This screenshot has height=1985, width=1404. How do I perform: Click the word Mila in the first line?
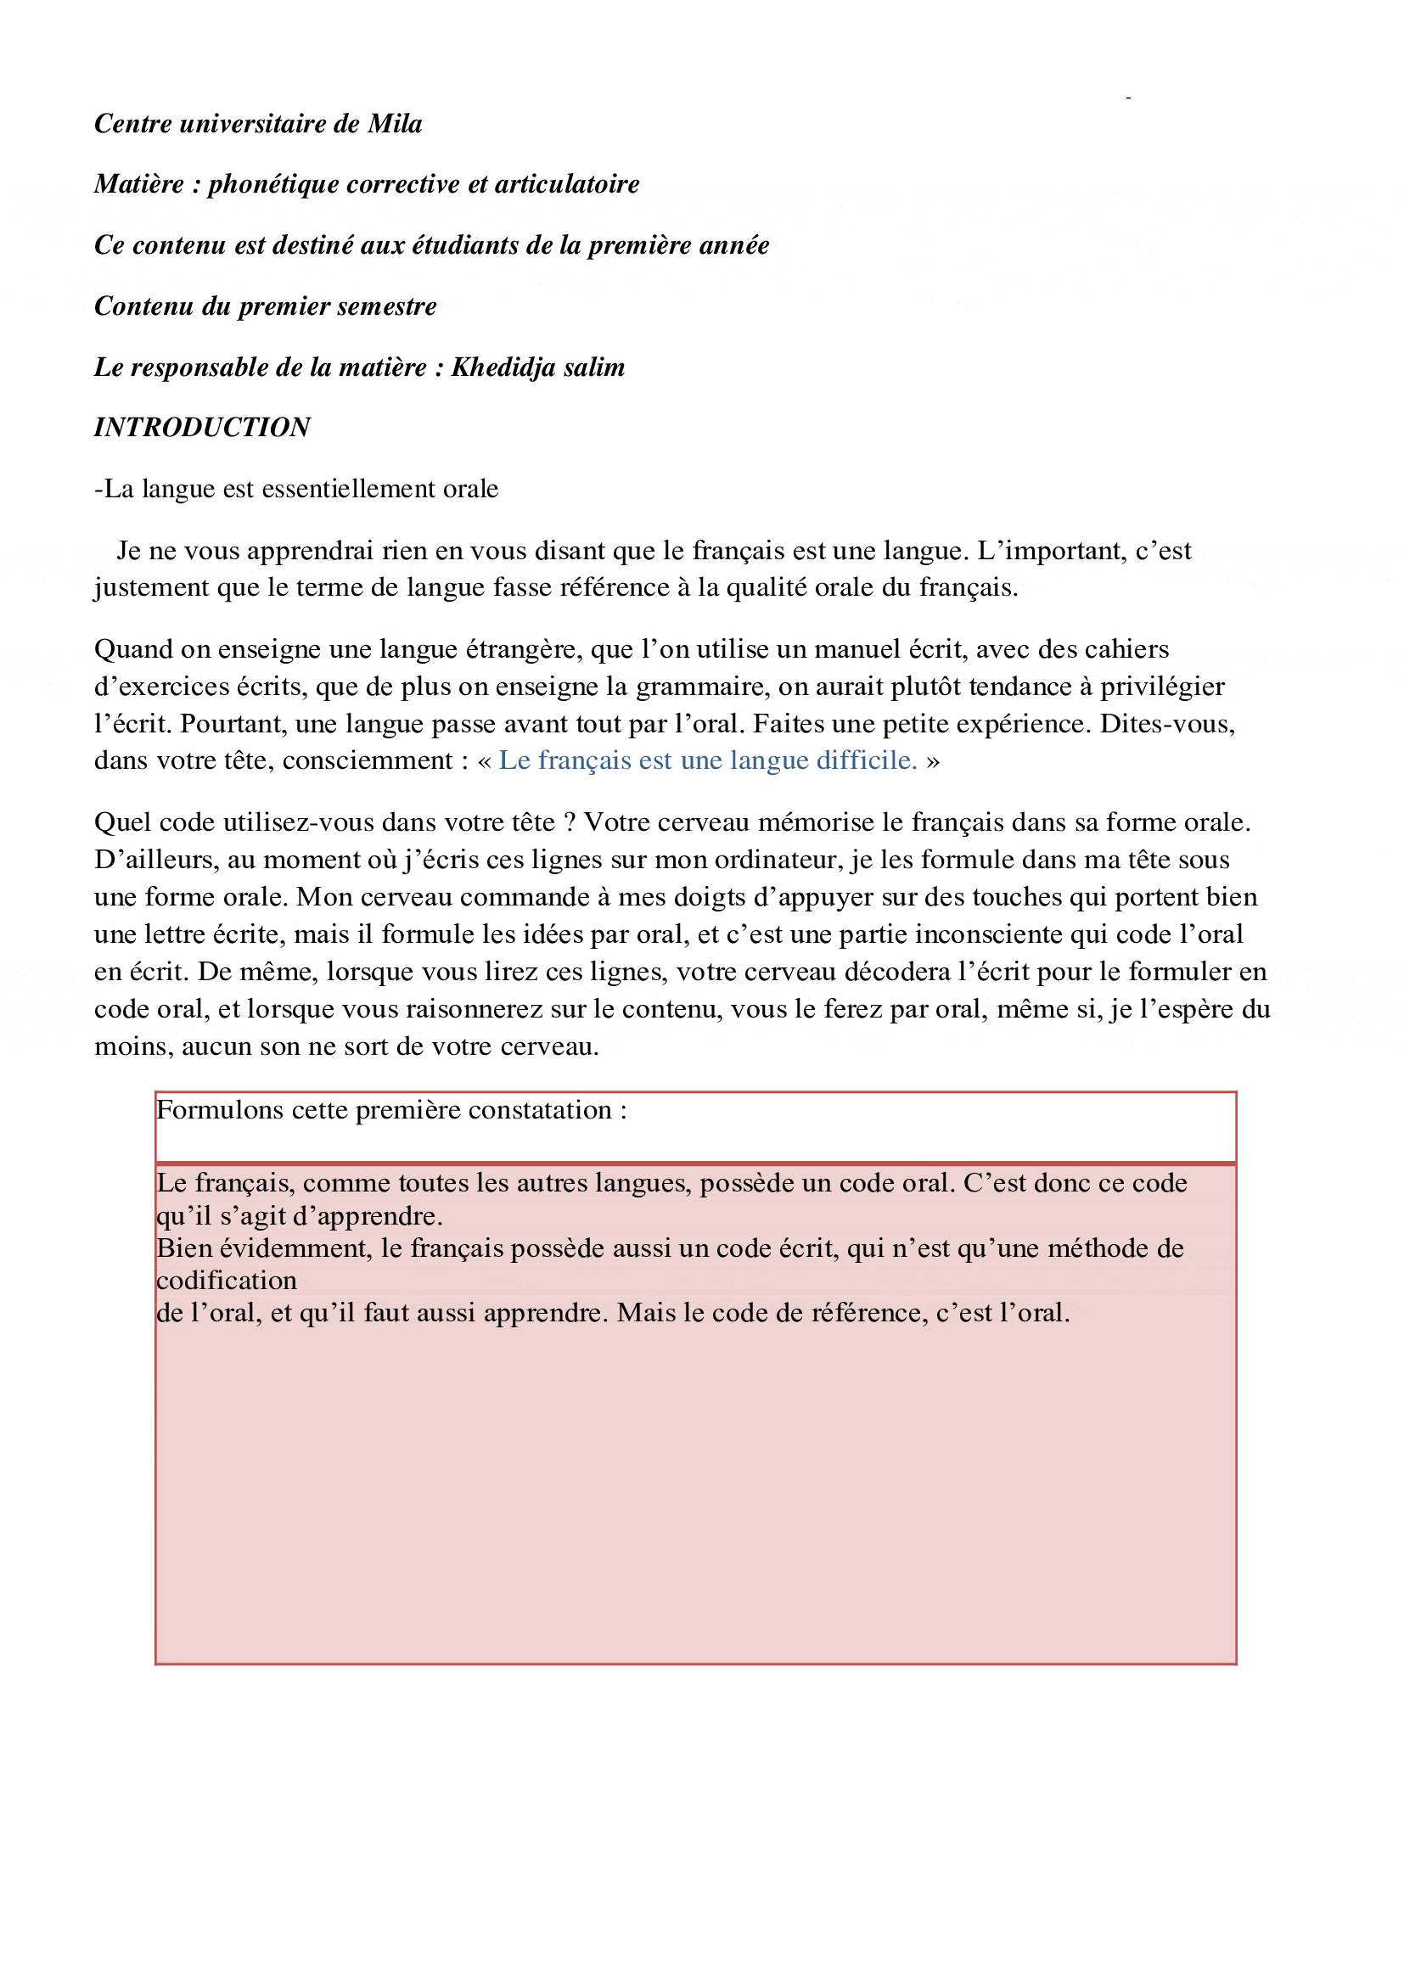click(395, 124)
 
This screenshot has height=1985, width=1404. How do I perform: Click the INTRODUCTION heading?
click(202, 427)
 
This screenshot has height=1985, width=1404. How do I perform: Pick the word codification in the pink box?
click(227, 1281)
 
